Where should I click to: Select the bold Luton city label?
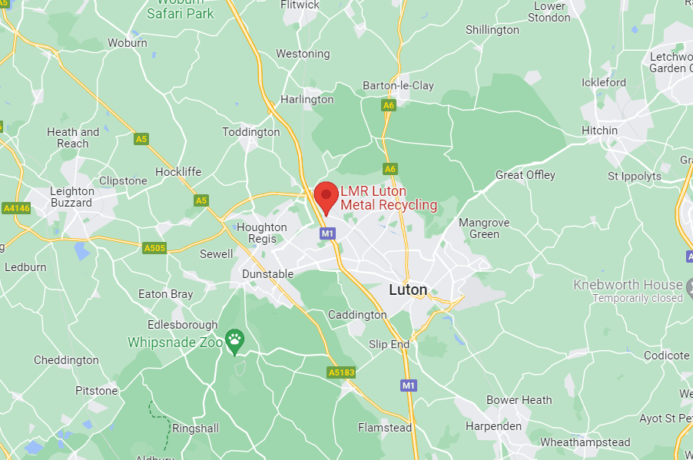point(408,290)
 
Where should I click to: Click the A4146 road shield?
point(15,208)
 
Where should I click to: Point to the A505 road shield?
point(154,248)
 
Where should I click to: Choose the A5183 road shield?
point(340,372)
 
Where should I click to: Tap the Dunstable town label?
point(267,274)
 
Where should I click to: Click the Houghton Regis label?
point(261,233)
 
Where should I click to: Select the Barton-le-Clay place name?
point(398,85)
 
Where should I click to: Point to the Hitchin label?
point(599,131)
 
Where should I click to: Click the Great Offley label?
point(525,175)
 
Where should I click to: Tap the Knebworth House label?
point(627,285)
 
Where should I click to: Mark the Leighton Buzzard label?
point(71,197)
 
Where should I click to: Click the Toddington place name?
point(251,132)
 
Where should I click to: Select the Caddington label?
point(357,315)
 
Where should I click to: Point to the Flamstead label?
point(385,428)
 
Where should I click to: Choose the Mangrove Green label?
point(484,228)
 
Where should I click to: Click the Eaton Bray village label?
point(165,294)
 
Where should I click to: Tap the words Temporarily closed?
point(637,298)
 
